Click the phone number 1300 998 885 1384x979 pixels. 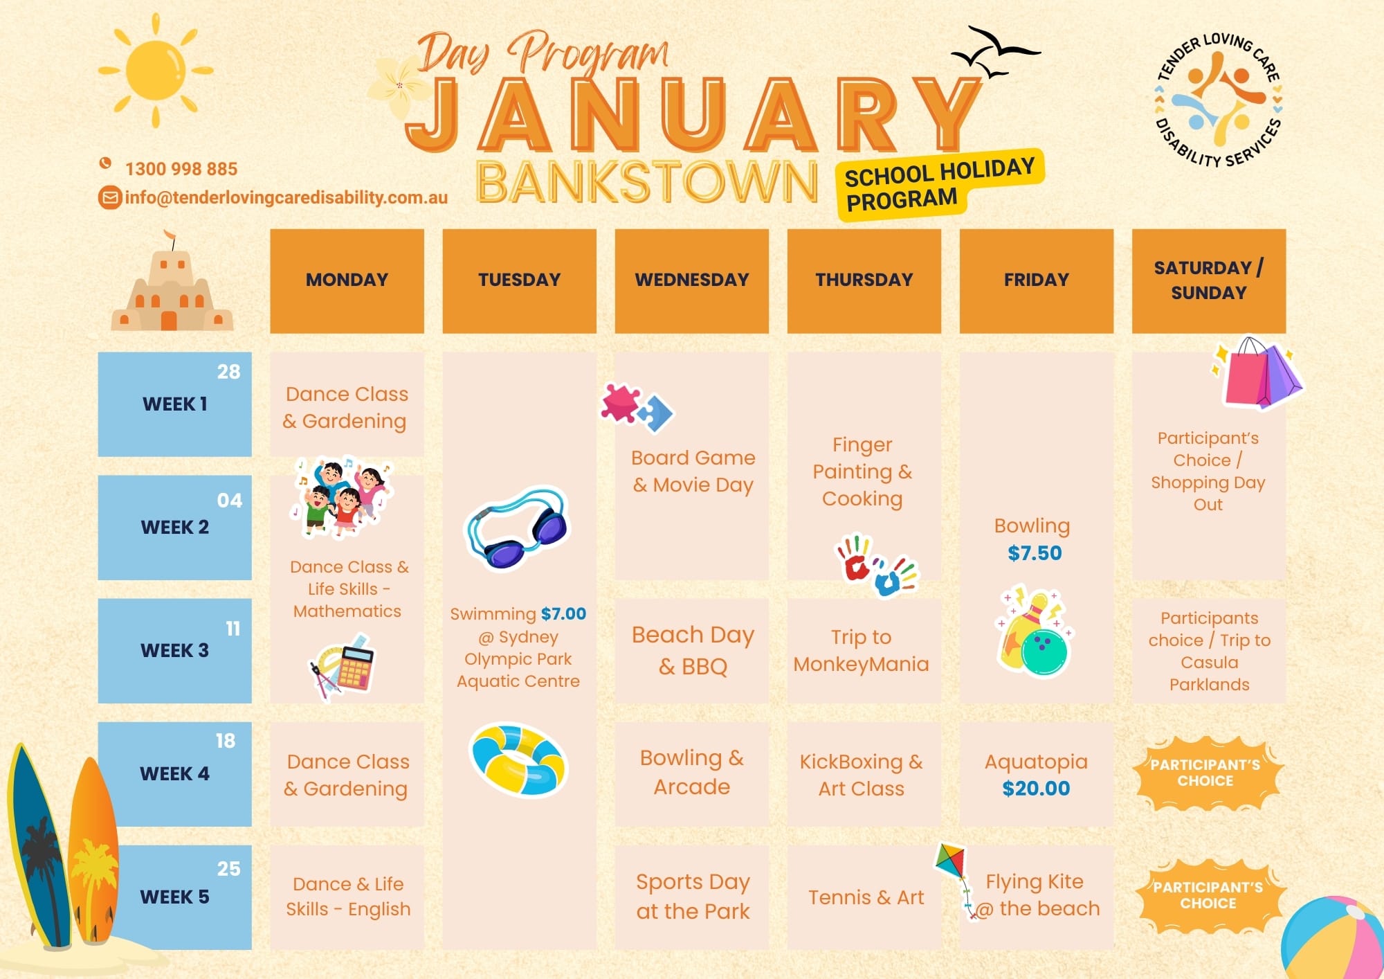point(181,169)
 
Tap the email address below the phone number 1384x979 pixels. point(286,197)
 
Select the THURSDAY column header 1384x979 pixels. point(864,280)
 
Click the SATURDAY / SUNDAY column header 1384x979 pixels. point(1209,280)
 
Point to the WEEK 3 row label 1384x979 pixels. point(174,651)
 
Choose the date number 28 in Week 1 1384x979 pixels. point(228,372)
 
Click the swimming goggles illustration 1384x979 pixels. point(517,528)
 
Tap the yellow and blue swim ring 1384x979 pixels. point(518,760)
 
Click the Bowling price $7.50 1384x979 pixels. point(1035,553)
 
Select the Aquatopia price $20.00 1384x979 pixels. point(1036,789)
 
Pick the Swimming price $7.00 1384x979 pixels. point(563,613)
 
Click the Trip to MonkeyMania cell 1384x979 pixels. point(864,651)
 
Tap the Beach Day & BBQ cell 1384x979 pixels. point(692,651)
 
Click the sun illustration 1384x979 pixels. point(156,71)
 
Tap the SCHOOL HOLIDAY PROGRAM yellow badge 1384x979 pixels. point(940,184)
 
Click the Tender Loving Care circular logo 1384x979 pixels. point(1219,100)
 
